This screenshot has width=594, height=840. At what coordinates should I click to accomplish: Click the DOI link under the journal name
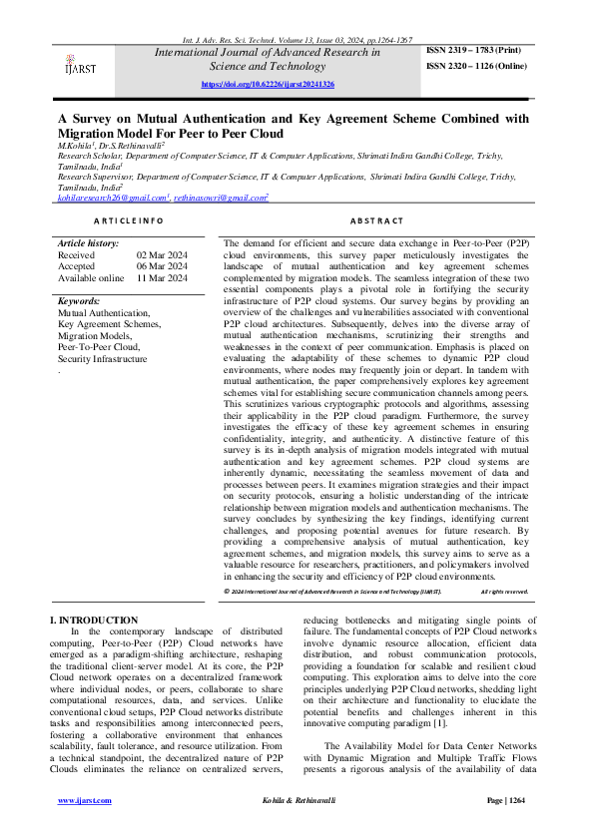pos(268,86)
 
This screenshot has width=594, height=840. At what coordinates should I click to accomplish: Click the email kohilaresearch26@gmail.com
pos(111,199)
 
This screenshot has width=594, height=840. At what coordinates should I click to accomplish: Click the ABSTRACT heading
pos(377,219)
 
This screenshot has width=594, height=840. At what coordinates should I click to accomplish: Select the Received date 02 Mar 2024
pos(162,254)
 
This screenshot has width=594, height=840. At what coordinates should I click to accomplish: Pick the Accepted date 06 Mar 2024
pos(162,266)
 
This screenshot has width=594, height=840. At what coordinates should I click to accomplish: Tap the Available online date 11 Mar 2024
pos(162,278)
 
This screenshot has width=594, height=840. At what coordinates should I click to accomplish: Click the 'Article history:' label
pos(88,242)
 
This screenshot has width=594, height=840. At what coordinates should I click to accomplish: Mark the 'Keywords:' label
pos(79,300)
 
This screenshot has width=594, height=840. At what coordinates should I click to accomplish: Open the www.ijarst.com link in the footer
pos(84,801)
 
